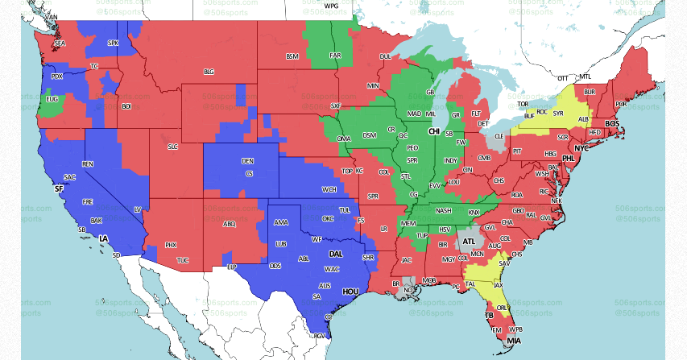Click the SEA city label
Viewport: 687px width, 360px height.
(x=59, y=43)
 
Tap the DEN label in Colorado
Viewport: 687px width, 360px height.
(x=248, y=161)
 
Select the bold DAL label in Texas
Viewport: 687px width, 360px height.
(x=335, y=254)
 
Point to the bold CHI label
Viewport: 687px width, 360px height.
(x=434, y=130)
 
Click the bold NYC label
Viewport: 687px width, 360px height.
(x=582, y=149)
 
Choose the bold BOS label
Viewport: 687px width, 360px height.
(x=612, y=123)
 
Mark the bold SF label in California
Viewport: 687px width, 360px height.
(x=58, y=188)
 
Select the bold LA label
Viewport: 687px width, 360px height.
(x=103, y=239)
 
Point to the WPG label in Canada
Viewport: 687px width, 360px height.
(x=331, y=6)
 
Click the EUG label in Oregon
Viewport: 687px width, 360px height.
(x=52, y=99)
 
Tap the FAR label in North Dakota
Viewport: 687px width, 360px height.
(x=335, y=56)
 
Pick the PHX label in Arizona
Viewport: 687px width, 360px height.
(x=171, y=244)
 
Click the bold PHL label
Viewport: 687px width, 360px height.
(x=569, y=159)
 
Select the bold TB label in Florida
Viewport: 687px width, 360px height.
(x=489, y=315)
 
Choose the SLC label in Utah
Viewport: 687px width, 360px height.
(x=172, y=147)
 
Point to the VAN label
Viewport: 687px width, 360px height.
(x=52, y=17)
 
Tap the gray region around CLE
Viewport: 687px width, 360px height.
(x=499, y=138)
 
